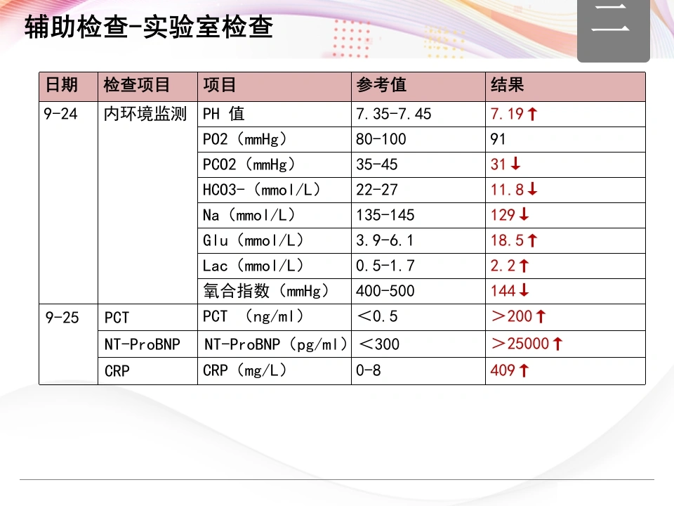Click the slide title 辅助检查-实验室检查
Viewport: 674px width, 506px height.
[x=148, y=27]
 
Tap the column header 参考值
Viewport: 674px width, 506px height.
[x=381, y=85]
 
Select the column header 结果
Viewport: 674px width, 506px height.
[x=507, y=85]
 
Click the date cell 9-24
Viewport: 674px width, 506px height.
[x=60, y=114]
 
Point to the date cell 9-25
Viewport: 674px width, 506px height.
[x=62, y=318]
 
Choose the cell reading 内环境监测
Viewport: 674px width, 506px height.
[x=145, y=114]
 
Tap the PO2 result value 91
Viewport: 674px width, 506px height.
[x=498, y=139]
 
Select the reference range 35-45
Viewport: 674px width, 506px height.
[x=376, y=164]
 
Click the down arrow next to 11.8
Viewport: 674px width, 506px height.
[x=532, y=188]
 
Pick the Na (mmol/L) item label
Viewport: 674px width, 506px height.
[x=249, y=215]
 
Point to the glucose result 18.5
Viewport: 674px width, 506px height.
[x=507, y=240]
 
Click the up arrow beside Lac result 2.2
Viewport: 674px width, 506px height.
[x=524, y=266]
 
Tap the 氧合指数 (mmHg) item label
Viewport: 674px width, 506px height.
[x=266, y=291]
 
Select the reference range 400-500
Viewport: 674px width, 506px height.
[x=385, y=291]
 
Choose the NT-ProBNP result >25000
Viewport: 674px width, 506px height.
[x=520, y=344]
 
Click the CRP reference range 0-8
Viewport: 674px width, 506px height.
[x=369, y=370]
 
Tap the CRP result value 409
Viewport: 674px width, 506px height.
[x=503, y=370]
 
